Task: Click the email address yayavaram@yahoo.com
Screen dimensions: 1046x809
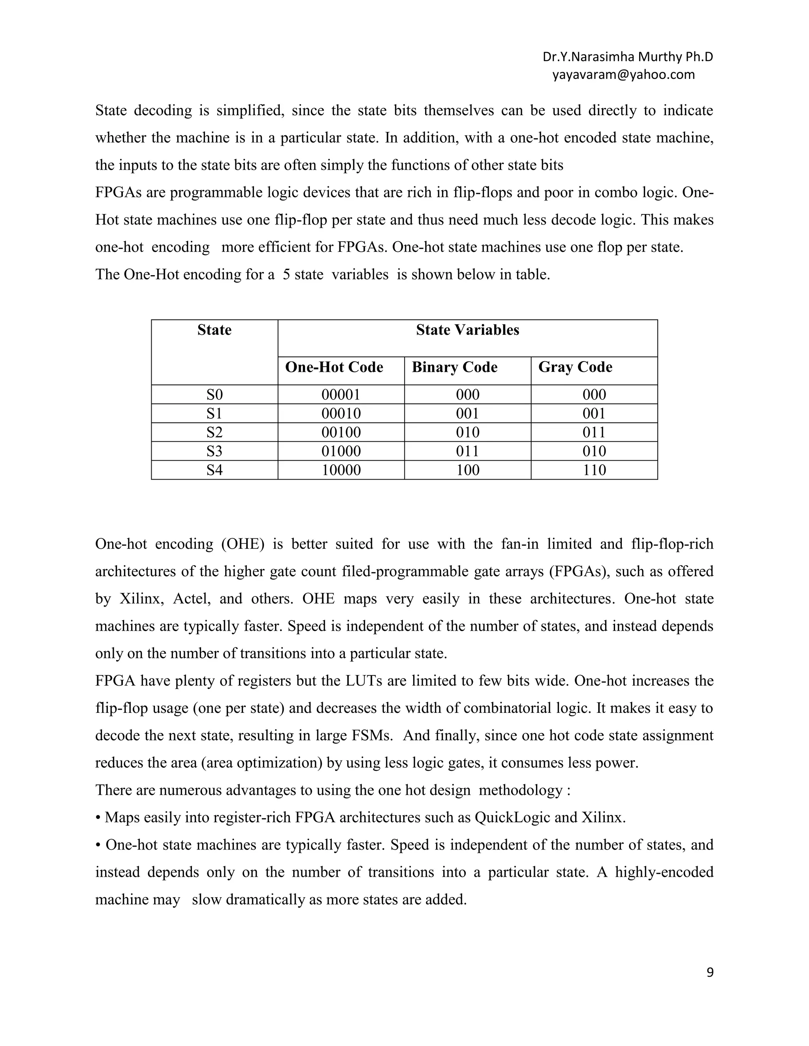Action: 623,75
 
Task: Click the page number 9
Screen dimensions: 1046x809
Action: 710,972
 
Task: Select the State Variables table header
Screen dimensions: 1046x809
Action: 467,330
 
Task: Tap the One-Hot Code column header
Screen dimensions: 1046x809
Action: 334,367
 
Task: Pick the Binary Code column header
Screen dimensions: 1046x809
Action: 454,367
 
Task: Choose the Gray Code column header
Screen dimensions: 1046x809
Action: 575,367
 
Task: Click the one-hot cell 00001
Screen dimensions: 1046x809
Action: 341,395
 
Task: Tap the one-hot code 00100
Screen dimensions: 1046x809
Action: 341,433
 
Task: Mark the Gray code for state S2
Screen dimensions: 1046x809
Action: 594,433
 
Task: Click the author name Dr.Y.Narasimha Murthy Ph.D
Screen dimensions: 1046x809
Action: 627,57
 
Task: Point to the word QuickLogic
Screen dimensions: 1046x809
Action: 512,817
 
